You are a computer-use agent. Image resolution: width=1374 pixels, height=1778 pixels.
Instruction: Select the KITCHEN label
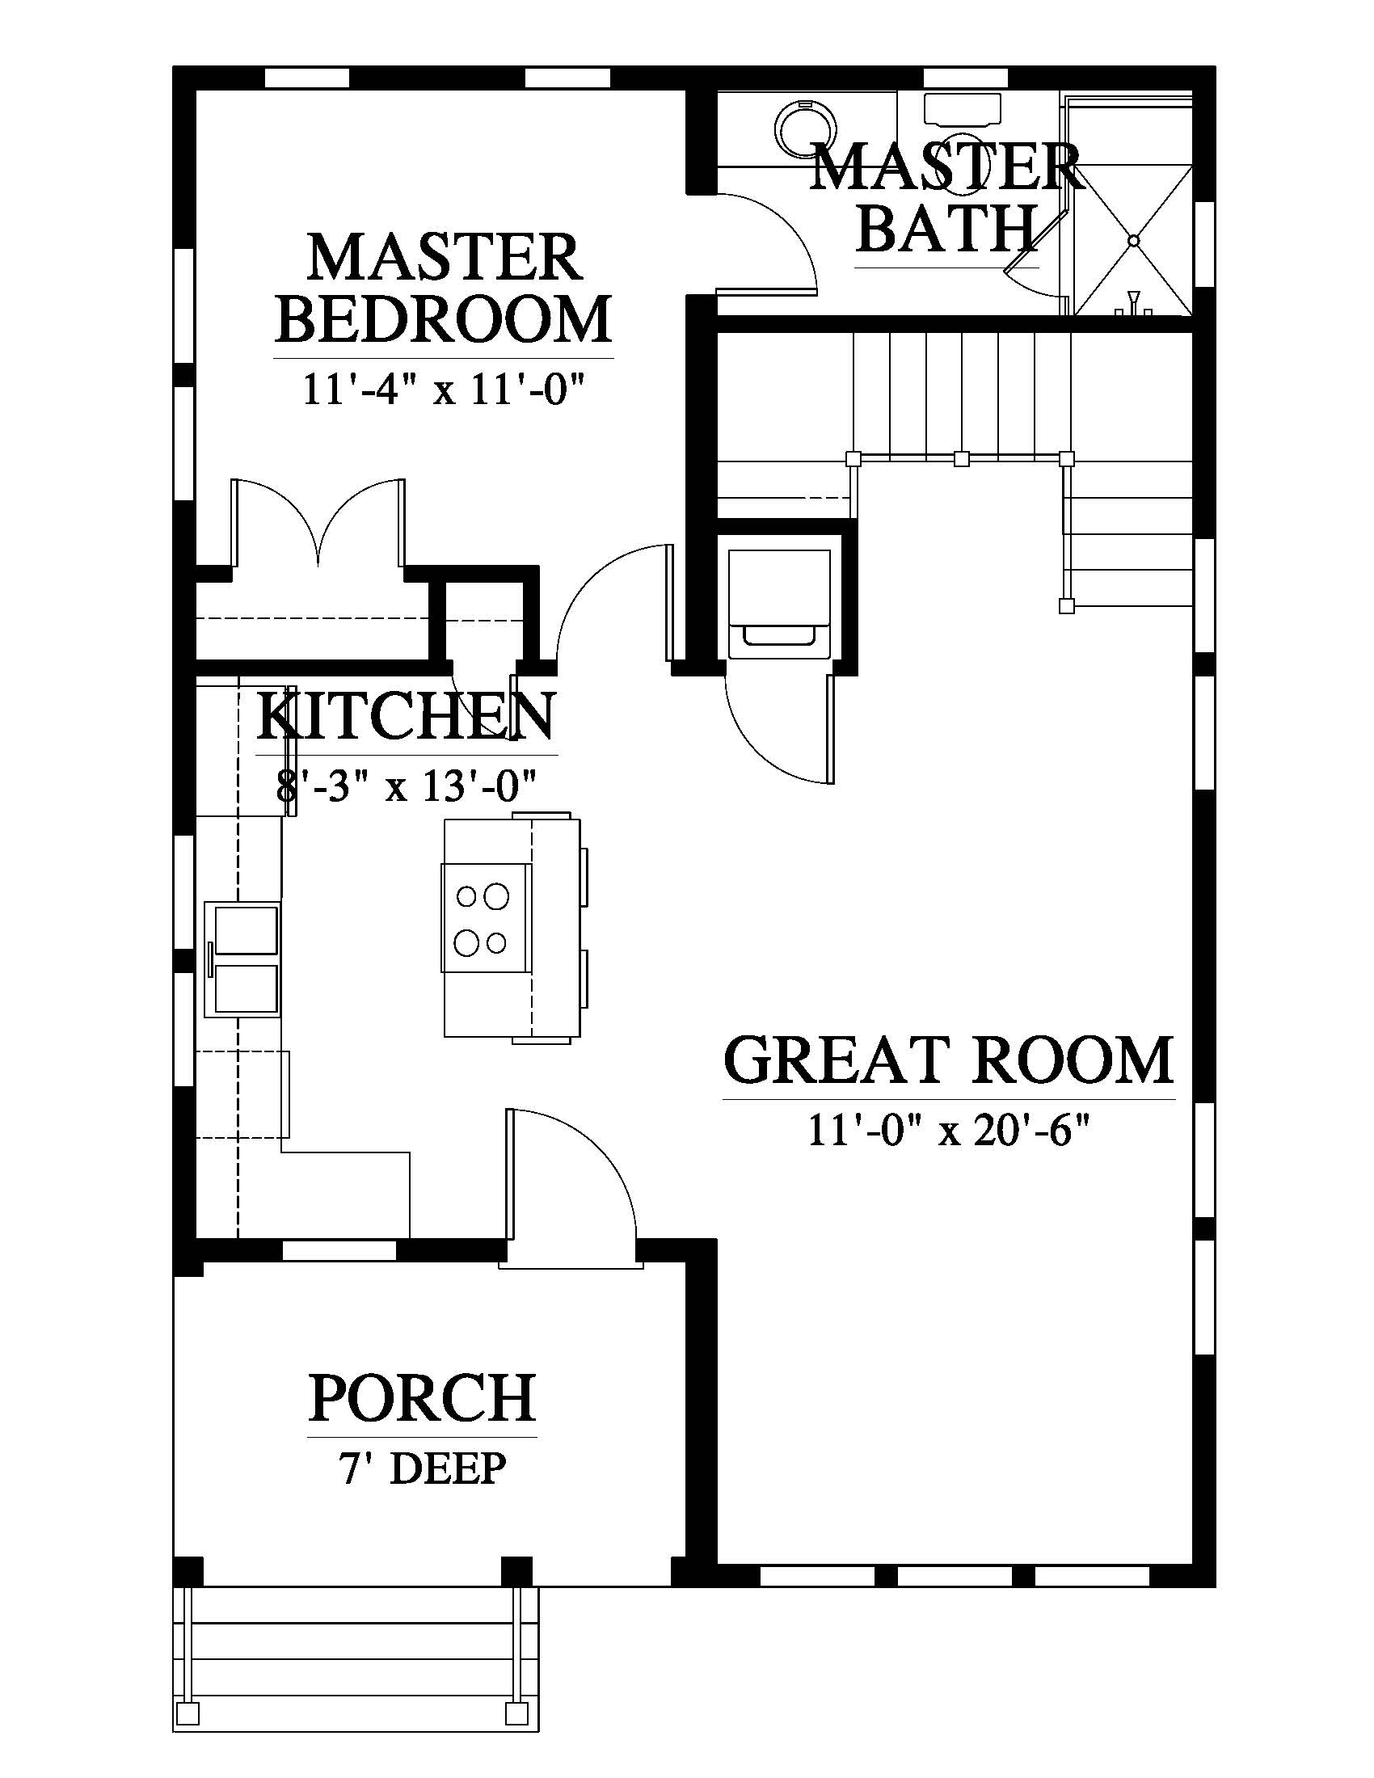coord(407,716)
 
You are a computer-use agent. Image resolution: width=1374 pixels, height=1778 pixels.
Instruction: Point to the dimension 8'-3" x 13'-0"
coord(407,787)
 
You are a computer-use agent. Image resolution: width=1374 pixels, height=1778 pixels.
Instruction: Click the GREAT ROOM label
coord(948,1060)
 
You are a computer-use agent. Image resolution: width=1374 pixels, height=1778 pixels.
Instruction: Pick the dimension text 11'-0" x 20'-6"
coord(948,1131)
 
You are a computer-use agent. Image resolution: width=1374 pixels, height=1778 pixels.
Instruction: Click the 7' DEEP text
coord(423,1468)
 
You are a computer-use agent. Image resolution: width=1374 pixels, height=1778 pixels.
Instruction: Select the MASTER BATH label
coord(946,198)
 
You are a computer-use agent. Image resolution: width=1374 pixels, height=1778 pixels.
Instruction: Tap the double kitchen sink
coord(242,959)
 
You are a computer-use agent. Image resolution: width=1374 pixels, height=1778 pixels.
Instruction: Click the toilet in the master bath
coord(962,112)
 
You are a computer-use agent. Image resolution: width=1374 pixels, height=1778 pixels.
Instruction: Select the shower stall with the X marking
coord(1132,207)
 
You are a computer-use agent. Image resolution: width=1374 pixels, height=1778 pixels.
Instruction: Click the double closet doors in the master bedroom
coord(317,521)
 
